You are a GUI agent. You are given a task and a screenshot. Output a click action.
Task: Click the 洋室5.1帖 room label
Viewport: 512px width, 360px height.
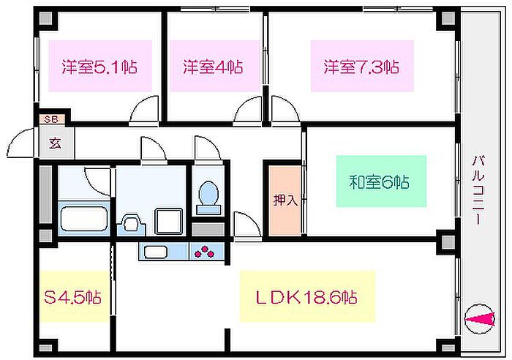click(99, 67)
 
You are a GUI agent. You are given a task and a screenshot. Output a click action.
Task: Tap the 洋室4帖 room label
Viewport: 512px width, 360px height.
click(212, 67)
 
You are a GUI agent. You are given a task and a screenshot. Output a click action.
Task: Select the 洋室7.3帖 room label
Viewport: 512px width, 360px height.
click(361, 67)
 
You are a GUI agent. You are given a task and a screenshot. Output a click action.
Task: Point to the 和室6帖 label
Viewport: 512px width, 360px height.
click(378, 181)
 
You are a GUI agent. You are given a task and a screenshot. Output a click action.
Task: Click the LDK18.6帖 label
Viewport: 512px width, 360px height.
click(306, 297)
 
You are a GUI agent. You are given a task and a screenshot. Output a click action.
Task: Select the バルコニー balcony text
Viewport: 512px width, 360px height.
click(476, 190)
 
